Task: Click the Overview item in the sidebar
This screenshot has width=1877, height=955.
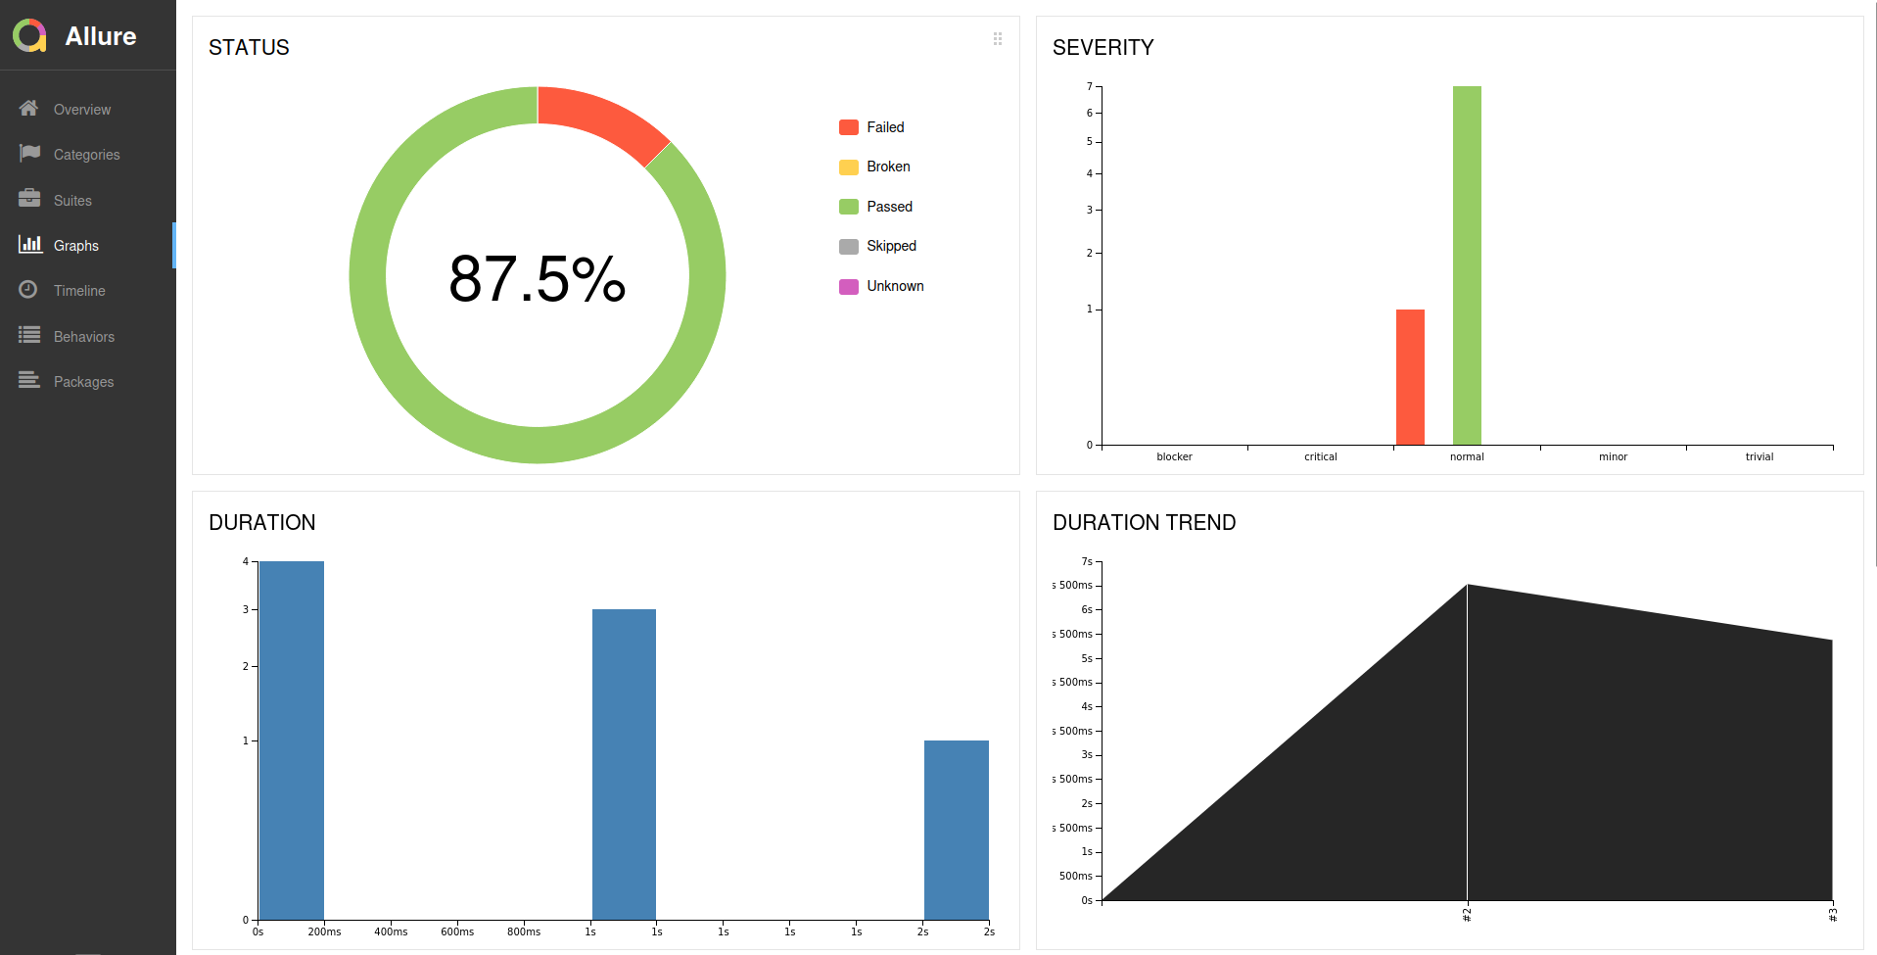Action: [81, 110]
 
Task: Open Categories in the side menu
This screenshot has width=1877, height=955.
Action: [86, 155]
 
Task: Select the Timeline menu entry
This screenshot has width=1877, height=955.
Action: [78, 291]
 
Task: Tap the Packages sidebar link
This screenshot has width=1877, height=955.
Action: [83, 382]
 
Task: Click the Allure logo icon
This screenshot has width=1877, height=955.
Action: [29, 36]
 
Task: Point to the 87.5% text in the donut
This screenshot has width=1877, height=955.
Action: [537, 279]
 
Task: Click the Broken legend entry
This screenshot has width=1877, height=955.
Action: [887, 167]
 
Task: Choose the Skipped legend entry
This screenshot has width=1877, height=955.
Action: [890, 246]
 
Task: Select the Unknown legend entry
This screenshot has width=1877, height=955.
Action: [894, 286]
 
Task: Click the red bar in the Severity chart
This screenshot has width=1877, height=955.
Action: [1410, 377]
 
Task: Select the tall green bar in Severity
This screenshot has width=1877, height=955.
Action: [1467, 264]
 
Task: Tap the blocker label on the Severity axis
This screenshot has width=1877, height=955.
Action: [1174, 457]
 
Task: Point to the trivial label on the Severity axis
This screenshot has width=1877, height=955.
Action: [1759, 457]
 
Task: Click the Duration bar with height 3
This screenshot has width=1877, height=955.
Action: [624, 764]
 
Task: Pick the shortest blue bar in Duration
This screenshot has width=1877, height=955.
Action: [956, 830]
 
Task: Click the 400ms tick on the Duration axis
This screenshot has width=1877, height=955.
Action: [391, 931]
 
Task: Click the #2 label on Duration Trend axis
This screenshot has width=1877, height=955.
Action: [1467, 915]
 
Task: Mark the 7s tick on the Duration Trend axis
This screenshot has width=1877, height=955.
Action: [1086, 562]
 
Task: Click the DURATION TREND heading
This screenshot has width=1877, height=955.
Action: [1144, 522]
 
